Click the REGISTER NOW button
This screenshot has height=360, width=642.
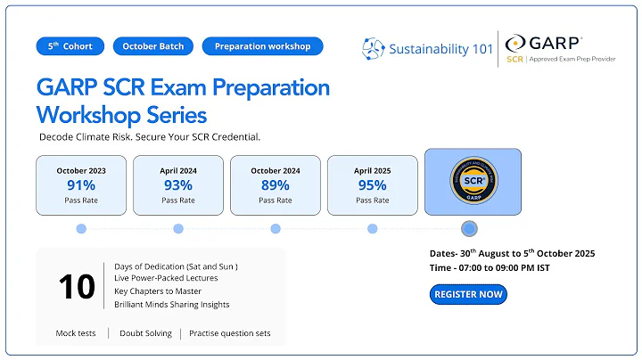coord(468,294)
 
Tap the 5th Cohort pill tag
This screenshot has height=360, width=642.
coord(70,46)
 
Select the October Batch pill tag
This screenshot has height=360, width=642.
coord(153,46)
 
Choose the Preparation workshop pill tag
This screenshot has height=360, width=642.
coord(263,46)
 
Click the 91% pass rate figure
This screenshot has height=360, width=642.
coord(81,185)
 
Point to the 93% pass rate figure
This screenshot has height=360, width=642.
coord(178,185)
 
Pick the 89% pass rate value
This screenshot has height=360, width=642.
coord(276,185)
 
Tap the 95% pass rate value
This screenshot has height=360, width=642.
coord(372,185)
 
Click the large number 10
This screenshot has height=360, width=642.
coord(77,287)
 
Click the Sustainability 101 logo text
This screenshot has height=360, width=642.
coord(441,48)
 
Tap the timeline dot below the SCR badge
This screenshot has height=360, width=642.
coord(470,229)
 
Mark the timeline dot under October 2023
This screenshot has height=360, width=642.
coord(81,229)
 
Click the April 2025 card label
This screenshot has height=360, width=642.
coord(372,170)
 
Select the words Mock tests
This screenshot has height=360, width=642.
coord(77,334)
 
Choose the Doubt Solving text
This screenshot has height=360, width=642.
coord(149,334)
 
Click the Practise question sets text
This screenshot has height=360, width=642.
coord(230,334)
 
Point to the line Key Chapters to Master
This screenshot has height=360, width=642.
coord(158,291)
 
